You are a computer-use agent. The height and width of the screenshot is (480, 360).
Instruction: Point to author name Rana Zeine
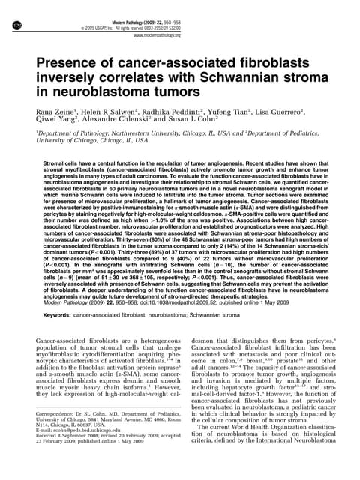click(x=58, y=112)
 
